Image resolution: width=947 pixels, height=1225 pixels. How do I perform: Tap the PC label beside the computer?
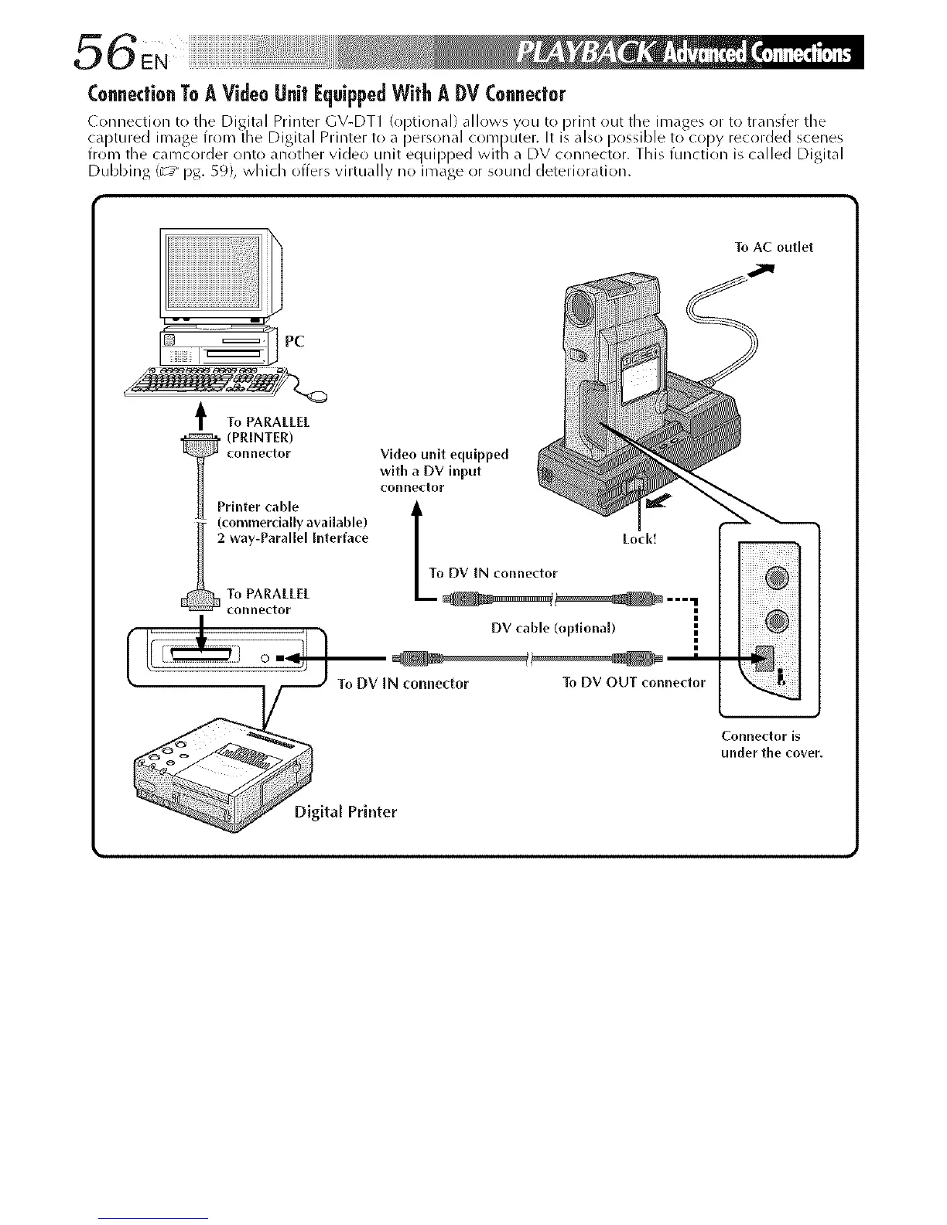296,341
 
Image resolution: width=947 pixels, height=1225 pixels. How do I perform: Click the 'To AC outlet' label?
773,247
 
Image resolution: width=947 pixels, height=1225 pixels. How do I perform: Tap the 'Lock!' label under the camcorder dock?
639,538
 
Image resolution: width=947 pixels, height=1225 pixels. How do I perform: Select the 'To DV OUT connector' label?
634,682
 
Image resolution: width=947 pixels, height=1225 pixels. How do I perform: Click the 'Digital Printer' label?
345,811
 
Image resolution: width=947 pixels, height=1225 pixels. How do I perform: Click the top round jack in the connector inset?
778,576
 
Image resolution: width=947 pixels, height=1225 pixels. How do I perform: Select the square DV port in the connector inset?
765,659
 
